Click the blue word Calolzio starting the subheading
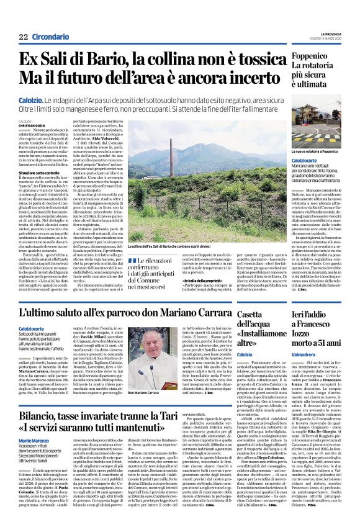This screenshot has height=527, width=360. tap(30, 99)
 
